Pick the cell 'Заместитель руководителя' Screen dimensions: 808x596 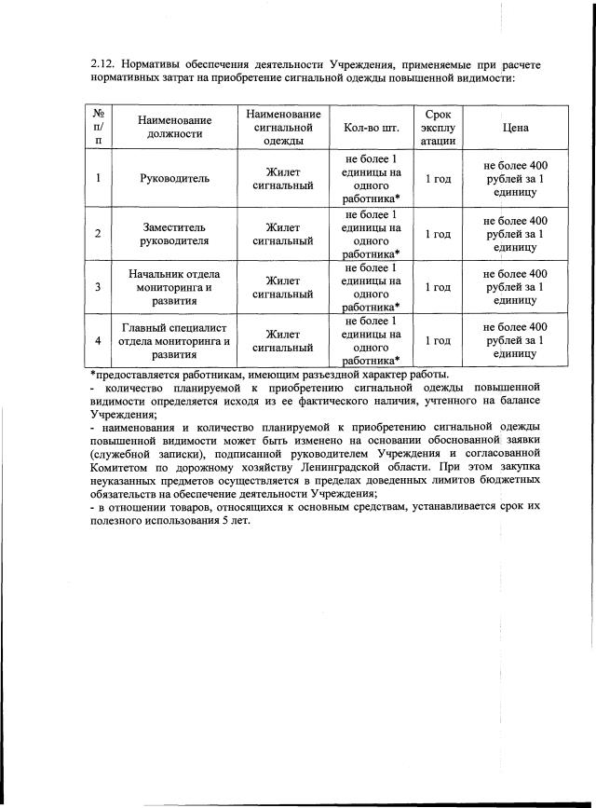pyautogui.click(x=174, y=233)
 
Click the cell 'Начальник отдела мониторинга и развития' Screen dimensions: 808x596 pyautogui.click(x=174, y=287)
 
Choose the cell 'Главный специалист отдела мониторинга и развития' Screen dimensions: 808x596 pyautogui.click(x=174, y=341)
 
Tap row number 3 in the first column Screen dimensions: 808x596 pyautogui.click(x=99, y=287)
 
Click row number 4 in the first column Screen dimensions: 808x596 pyautogui.click(x=99, y=341)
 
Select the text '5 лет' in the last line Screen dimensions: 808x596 pyautogui.click(x=236, y=519)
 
